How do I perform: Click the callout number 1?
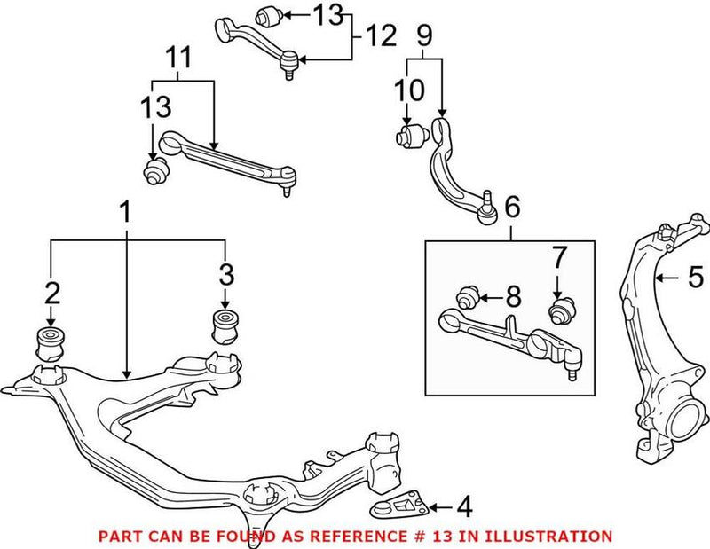[125, 213]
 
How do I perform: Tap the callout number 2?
[52, 292]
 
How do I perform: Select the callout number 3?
[225, 273]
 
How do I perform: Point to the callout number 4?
[464, 508]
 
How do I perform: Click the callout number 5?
[696, 278]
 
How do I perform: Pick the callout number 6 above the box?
[512, 209]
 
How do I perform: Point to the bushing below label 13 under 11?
[157, 170]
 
